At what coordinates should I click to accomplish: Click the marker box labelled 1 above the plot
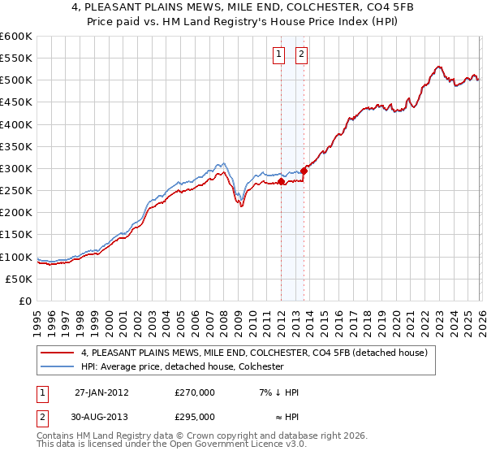click(278, 54)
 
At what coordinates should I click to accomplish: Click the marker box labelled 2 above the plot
click(301, 54)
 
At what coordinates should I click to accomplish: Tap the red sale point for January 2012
click(281, 182)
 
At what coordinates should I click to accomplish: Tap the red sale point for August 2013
click(304, 171)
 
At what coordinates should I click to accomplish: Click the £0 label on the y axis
click(24, 301)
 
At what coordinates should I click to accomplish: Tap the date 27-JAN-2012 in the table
click(101, 392)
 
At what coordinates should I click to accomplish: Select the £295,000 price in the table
click(195, 416)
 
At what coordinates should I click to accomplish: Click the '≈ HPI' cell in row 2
click(278, 416)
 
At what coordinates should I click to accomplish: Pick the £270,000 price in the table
click(195, 392)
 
